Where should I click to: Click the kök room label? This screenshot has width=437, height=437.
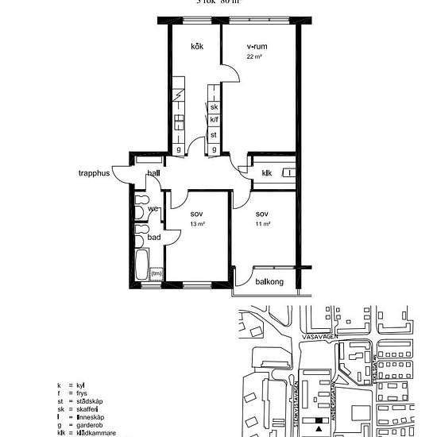tap(197, 47)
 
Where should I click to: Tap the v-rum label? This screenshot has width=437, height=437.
tap(256, 47)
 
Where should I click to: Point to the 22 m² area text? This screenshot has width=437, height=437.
tap(254, 57)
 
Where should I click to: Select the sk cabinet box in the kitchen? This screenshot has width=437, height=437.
tap(214, 107)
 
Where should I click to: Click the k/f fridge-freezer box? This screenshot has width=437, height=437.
tap(214, 121)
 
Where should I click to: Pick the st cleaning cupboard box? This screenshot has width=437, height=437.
tap(214, 134)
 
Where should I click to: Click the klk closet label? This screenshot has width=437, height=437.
tap(266, 173)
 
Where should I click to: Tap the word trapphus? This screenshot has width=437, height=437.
tap(93, 172)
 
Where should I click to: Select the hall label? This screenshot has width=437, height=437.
tap(153, 172)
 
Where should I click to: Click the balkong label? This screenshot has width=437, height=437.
tap(269, 281)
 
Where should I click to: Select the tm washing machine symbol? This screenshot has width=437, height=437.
tap(157, 274)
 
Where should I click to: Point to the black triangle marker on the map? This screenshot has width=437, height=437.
tap(319, 428)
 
